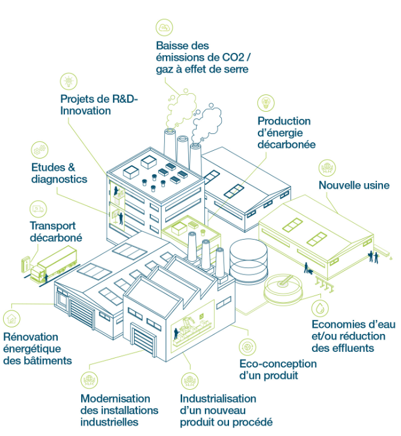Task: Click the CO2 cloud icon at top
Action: click(164, 28)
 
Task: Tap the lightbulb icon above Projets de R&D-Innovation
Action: click(69, 82)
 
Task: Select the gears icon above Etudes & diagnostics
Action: click(40, 150)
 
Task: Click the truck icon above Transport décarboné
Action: click(38, 209)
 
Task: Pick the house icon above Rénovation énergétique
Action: click(11, 319)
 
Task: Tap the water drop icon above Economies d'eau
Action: click(320, 308)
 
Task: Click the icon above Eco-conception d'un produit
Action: click(247, 347)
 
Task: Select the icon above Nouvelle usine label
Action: click(327, 168)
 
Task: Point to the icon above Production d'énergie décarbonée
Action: click(266, 103)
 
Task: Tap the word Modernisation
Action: click(115, 398)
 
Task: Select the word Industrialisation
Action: click(218, 398)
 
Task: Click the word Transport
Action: click(53, 226)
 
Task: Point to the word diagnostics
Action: click(60, 179)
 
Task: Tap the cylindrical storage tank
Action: click(248, 260)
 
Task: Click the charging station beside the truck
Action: click(26, 264)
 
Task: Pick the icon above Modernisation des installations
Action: click(89, 380)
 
